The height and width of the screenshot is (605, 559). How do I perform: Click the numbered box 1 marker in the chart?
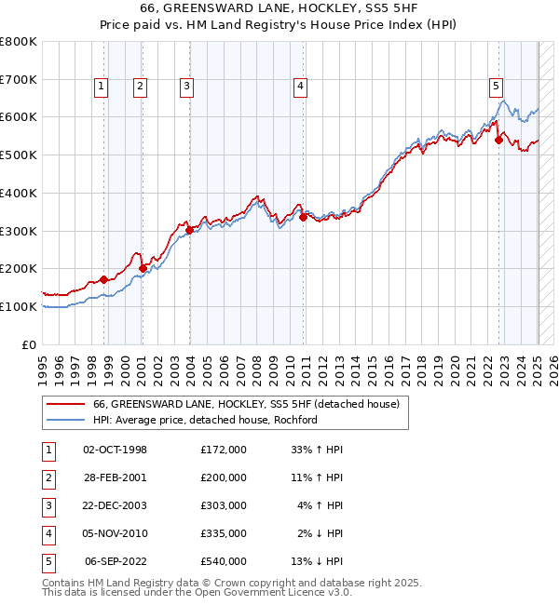point(101,87)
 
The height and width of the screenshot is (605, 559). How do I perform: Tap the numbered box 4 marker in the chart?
point(301,87)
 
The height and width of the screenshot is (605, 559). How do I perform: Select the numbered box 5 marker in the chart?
point(496,87)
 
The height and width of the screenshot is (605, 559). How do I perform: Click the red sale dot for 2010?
point(304,218)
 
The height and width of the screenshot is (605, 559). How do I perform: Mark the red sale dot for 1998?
point(103,279)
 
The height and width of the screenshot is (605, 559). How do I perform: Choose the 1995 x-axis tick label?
point(43,368)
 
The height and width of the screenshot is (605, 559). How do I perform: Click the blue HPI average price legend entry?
point(205,420)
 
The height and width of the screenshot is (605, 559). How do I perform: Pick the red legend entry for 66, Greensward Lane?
point(246,404)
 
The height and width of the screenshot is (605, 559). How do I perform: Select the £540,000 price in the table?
point(224,561)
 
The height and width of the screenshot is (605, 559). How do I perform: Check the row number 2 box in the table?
point(48,477)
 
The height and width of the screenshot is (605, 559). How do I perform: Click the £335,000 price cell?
point(224,533)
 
